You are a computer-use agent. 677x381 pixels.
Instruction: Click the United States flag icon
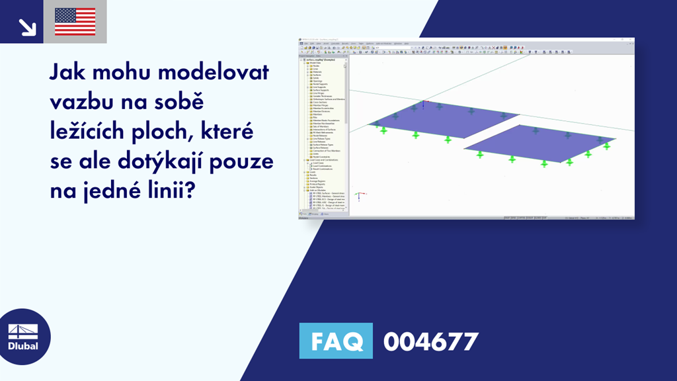[75, 21]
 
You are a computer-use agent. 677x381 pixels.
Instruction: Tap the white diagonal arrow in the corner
[27, 26]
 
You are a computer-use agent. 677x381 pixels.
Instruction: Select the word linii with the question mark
[176, 192]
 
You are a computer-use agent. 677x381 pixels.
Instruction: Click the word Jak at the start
[70, 72]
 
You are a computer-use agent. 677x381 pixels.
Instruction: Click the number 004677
[430, 341]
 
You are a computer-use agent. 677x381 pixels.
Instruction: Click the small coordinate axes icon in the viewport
[358, 196]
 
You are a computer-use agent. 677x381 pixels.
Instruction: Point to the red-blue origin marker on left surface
[422, 103]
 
